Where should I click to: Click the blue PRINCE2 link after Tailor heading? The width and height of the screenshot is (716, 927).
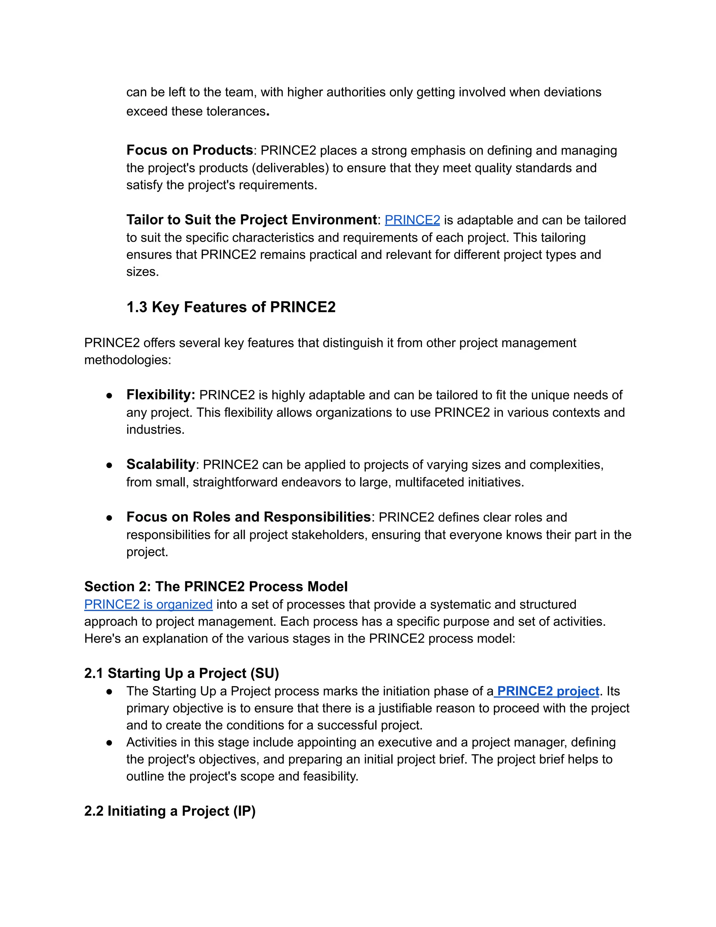click(x=412, y=220)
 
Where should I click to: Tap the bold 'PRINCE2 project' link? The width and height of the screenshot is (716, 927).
click(x=547, y=691)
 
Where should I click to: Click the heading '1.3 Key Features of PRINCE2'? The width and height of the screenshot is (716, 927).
click(x=231, y=307)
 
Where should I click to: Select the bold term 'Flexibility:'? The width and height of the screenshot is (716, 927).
click(x=160, y=395)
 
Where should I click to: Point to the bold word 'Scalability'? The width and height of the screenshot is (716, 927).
click(x=160, y=464)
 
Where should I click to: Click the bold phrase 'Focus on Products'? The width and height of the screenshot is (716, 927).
click(x=189, y=150)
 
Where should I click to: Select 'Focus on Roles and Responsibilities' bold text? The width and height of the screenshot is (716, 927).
click(x=248, y=517)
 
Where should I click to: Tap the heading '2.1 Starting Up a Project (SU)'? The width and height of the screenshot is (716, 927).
click(x=181, y=673)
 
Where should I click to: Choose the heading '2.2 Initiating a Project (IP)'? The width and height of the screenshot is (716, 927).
click(x=170, y=811)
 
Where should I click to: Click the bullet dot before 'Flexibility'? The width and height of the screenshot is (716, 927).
click(x=109, y=396)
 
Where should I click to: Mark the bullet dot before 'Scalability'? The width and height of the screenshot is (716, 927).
click(x=109, y=465)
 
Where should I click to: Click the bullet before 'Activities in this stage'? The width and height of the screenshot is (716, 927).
click(x=109, y=743)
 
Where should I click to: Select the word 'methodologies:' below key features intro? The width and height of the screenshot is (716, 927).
click(x=127, y=360)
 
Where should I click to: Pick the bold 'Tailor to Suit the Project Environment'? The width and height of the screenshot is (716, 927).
click(x=251, y=220)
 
